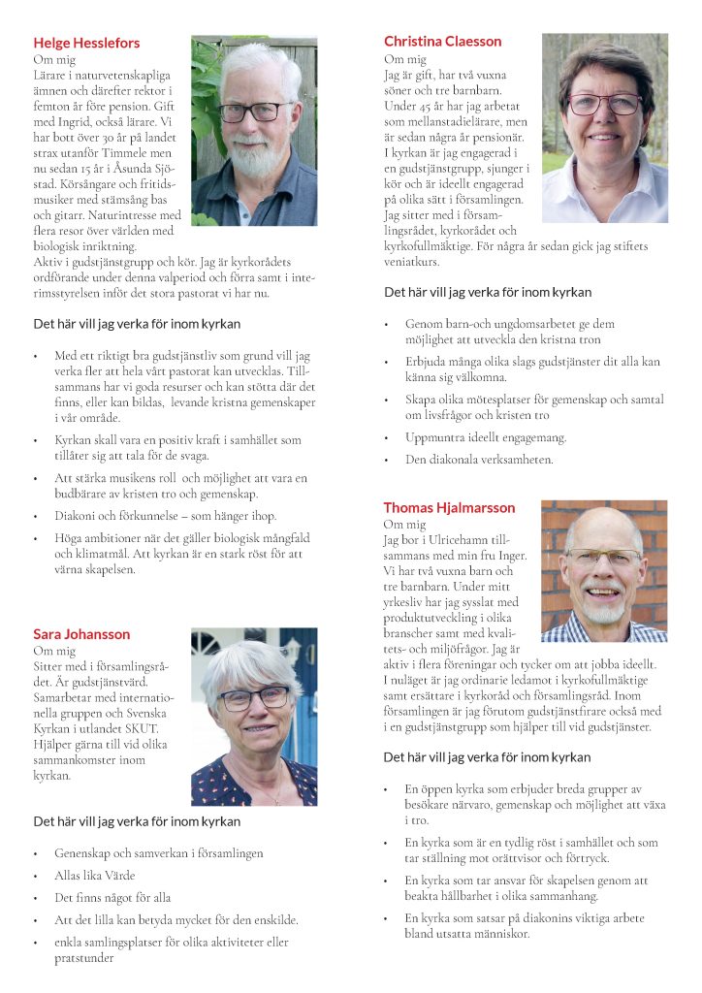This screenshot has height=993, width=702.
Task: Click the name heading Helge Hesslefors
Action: (x=86, y=43)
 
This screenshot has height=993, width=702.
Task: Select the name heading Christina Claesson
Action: (x=442, y=41)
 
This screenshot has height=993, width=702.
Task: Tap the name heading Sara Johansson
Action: (x=81, y=634)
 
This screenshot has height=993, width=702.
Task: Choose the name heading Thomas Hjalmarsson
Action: (x=449, y=507)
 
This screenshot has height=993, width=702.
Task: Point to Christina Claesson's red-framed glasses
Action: (x=604, y=103)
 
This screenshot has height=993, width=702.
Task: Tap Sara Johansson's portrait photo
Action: (x=254, y=716)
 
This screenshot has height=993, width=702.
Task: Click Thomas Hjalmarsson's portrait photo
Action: (x=603, y=570)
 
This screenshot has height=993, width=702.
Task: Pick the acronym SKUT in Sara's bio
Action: (x=143, y=728)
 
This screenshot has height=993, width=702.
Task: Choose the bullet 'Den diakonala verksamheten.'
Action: (x=479, y=460)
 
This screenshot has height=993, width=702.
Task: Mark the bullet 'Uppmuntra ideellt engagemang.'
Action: (x=486, y=437)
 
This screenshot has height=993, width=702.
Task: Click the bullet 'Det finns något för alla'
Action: (x=112, y=897)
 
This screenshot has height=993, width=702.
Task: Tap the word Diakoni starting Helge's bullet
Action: (x=75, y=516)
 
